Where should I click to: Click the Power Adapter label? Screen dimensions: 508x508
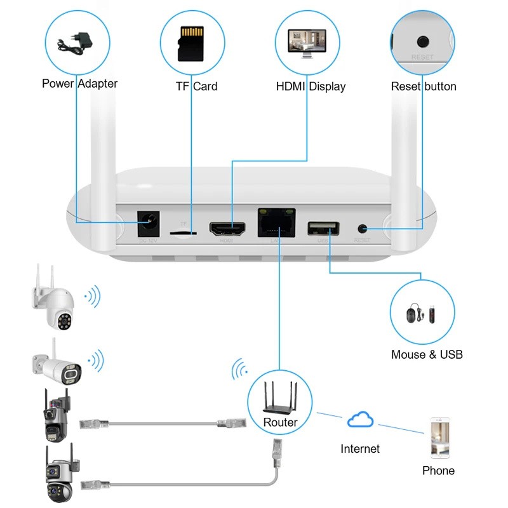(x=79, y=83)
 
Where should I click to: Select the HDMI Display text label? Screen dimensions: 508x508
(x=311, y=86)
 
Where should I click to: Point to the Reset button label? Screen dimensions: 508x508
(x=423, y=86)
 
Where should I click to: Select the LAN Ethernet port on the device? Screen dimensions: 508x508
(x=277, y=223)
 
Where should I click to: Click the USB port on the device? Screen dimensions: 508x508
(x=323, y=228)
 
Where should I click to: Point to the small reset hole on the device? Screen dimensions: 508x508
(x=363, y=227)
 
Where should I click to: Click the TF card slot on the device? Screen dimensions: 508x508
(x=185, y=233)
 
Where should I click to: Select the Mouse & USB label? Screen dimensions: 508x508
(x=427, y=354)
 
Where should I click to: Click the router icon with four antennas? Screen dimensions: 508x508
(x=280, y=399)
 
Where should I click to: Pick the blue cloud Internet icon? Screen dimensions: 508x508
(x=360, y=420)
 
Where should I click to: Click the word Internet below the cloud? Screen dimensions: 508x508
(x=360, y=449)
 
